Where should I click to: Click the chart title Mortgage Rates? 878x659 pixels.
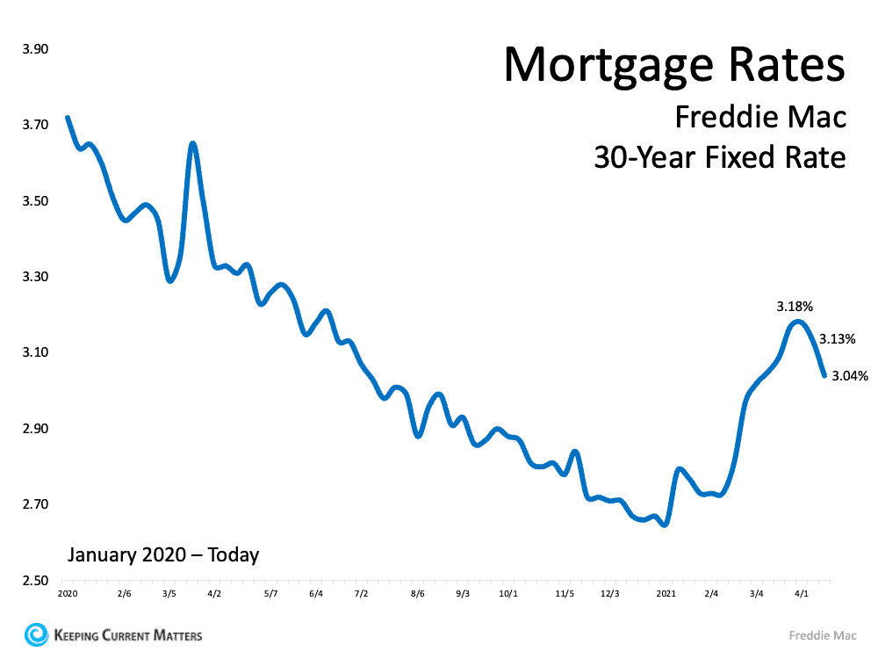tap(673, 64)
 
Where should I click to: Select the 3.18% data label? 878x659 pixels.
tap(795, 307)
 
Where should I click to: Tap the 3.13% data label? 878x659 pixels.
tap(838, 339)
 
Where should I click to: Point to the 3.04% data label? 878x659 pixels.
tap(850, 376)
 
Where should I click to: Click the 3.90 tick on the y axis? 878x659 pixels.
tap(34, 49)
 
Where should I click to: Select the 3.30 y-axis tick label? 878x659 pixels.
tap(34, 277)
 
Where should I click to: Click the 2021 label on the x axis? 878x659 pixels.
tap(666, 594)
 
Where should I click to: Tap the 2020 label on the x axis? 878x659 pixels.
tap(68, 594)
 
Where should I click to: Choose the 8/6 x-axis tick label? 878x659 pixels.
tap(418, 594)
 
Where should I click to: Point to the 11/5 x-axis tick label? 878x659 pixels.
tap(565, 594)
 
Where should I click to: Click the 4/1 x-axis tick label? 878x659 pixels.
tap(802, 594)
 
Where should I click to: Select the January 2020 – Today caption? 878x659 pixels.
tap(163, 554)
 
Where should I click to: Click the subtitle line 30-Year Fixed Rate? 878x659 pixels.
tap(719, 157)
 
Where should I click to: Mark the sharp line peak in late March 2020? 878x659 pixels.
tap(192, 143)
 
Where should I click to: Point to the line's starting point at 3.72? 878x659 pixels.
tap(68, 118)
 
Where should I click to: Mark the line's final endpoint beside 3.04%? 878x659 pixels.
tap(824, 375)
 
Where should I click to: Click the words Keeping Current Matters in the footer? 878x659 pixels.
tap(128, 635)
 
